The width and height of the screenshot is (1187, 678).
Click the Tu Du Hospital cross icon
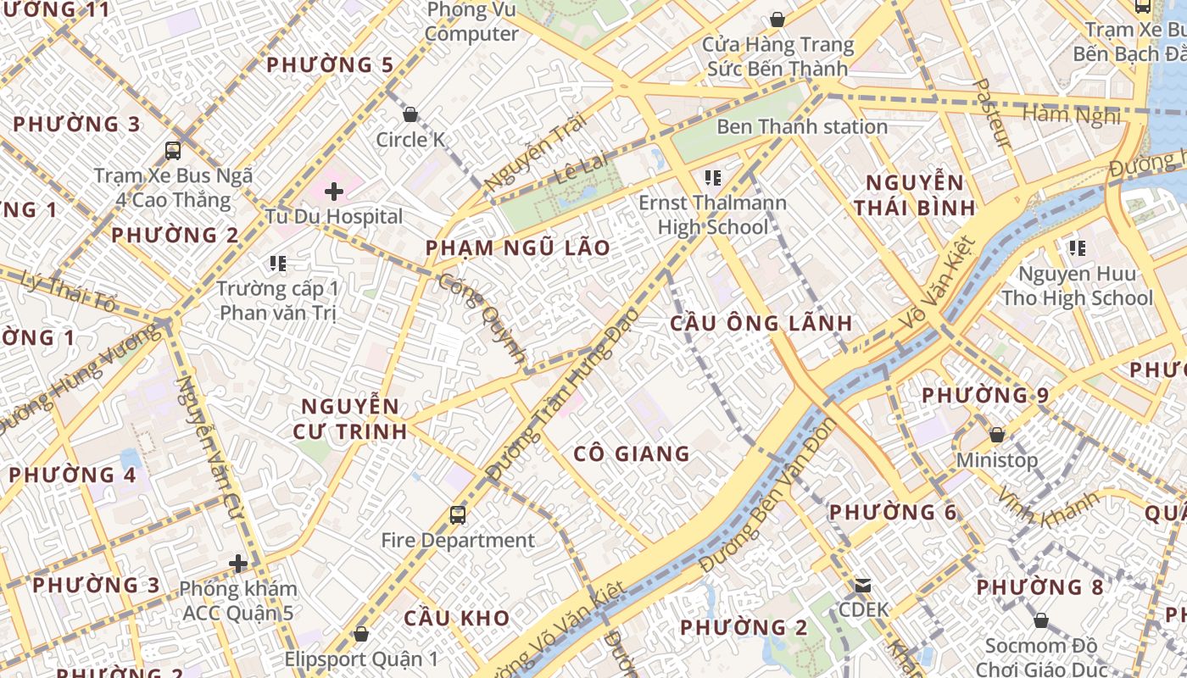[x=334, y=191]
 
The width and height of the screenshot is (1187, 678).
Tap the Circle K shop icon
[x=410, y=114]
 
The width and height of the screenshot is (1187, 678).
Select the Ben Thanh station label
[x=802, y=127]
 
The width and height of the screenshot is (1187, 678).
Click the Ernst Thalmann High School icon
[x=712, y=178]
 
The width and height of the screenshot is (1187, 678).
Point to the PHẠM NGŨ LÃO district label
[x=517, y=247]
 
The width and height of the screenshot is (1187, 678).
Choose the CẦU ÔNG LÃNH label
[x=761, y=323]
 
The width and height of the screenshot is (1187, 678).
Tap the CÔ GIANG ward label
[x=632, y=453]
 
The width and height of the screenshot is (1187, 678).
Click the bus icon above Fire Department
[x=457, y=514]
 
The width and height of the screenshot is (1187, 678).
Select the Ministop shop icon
[x=997, y=435]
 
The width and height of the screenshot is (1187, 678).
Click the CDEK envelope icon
[x=863, y=585]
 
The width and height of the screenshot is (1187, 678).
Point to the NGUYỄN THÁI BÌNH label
[x=914, y=195]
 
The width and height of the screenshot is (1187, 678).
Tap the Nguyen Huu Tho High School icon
[x=1077, y=248]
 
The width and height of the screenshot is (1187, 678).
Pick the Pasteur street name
[x=993, y=114]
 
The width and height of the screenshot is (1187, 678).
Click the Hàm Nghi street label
[x=1072, y=114]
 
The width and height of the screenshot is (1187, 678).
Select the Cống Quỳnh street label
[x=483, y=318]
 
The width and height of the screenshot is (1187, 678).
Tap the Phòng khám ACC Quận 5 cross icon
[x=238, y=563]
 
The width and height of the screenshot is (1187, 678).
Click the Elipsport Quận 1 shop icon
[x=361, y=633]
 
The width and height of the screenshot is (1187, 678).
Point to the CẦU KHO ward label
[x=456, y=618]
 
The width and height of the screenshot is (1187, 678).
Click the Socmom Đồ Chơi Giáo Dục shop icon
[x=1041, y=620]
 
